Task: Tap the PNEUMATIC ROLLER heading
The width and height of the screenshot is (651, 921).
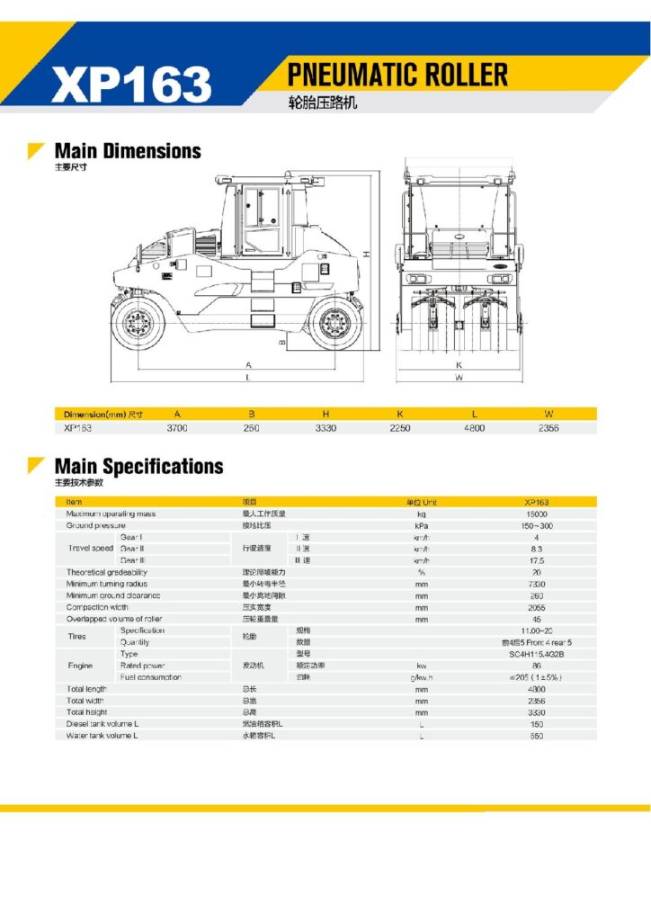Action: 397,74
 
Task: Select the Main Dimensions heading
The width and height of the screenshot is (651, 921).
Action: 128,150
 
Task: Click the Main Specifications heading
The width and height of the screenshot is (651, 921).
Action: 138,466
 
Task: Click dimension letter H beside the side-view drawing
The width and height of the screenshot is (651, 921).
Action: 368,255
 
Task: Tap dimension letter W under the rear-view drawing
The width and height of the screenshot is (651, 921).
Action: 459,378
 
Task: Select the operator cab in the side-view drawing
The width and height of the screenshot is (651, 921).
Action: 263,217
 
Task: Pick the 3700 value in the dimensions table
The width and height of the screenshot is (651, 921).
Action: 177,428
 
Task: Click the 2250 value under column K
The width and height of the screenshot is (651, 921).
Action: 399,428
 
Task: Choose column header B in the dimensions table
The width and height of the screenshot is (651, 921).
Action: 252,414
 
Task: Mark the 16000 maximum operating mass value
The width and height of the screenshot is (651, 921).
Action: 537,514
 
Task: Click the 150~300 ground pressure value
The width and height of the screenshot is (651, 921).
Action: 537,525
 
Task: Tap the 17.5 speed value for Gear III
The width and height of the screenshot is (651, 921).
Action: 537,560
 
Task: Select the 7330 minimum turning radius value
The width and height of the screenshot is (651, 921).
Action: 537,584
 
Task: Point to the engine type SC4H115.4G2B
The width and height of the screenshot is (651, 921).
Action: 537,654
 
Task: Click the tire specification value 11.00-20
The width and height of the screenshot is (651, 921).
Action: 537,630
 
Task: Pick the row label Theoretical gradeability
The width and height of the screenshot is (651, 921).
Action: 107,572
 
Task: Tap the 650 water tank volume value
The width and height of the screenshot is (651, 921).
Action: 537,736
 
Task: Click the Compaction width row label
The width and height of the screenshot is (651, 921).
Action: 97,607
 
